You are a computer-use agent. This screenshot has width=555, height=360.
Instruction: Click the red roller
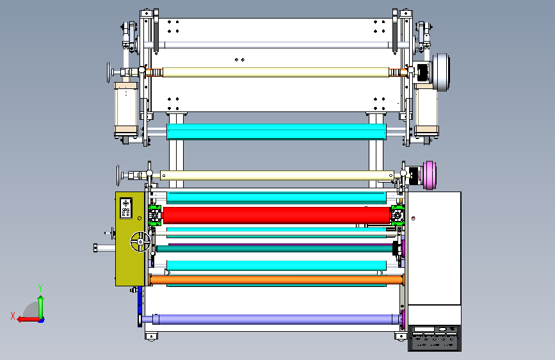tap(276, 215)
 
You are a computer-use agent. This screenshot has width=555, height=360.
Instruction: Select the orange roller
tap(277, 279)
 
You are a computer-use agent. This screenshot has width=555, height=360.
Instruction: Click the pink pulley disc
tap(430, 175)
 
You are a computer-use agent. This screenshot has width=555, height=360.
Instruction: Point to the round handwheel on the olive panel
tap(141, 241)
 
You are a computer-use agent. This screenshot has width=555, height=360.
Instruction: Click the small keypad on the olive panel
tap(126, 208)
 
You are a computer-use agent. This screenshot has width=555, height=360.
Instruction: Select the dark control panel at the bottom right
tap(434, 338)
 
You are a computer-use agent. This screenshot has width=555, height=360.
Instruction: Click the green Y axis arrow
tap(41, 307)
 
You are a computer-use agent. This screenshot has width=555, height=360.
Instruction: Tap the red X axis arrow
tap(29, 320)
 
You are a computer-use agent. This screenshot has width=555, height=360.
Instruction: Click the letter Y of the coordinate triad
tap(40, 288)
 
